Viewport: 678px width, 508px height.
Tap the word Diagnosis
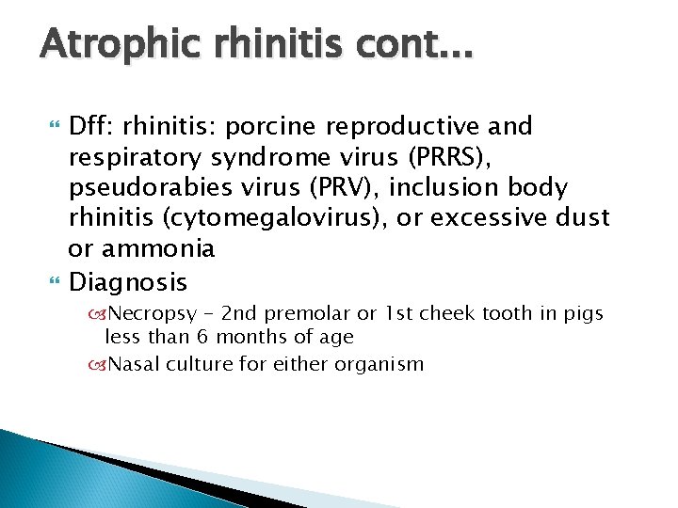pyautogui.click(x=128, y=281)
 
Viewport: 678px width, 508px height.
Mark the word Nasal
pyautogui.click(x=134, y=364)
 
